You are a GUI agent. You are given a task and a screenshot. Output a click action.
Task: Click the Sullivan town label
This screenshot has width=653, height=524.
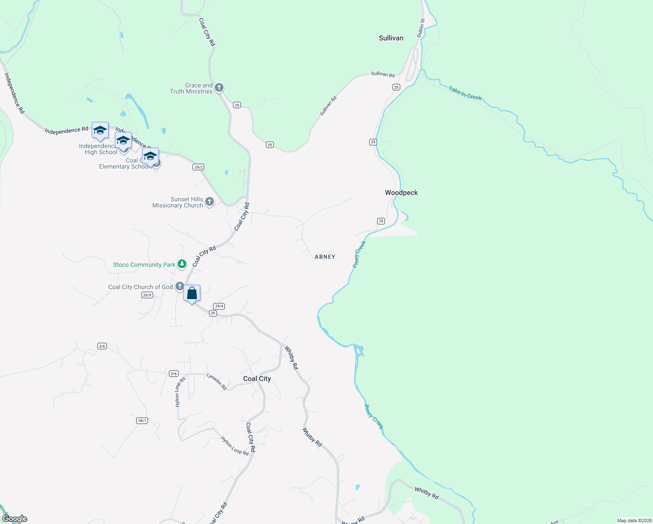click(x=391, y=38)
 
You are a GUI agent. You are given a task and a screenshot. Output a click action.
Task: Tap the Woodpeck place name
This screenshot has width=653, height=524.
click(x=401, y=193)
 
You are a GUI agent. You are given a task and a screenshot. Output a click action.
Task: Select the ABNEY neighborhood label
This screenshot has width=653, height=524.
click(x=325, y=257)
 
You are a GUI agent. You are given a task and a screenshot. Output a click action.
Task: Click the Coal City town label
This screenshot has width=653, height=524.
click(x=257, y=379)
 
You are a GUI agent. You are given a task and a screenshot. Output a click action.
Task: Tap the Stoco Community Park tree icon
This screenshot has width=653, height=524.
click(x=182, y=264)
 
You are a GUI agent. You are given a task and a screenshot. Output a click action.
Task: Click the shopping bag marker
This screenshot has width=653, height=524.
click(x=192, y=293)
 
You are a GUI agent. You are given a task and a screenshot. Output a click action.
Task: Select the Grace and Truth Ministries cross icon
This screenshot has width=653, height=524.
click(x=219, y=87)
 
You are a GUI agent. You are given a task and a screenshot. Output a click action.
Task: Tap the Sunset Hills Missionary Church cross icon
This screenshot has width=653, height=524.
click(x=210, y=201)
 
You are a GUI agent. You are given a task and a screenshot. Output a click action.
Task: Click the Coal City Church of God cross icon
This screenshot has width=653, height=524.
click(x=179, y=286)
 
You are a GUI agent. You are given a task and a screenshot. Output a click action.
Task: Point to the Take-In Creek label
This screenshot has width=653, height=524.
click(x=465, y=93)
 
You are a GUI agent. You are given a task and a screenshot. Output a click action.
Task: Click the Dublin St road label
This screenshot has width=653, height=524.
click(x=421, y=28)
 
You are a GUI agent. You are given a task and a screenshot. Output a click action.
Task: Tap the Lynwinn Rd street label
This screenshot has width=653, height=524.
click(x=217, y=381)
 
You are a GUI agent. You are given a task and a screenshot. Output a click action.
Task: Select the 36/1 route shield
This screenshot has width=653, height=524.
click(x=142, y=421)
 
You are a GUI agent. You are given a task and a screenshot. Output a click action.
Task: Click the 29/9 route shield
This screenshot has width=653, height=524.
click(x=147, y=295)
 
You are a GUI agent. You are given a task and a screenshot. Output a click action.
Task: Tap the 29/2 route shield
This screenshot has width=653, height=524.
click(x=199, y=167)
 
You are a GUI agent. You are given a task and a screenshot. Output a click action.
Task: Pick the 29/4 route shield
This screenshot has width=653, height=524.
click(x=219, y=306)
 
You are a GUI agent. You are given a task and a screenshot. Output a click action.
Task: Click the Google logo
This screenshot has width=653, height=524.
click(x=15, y=519)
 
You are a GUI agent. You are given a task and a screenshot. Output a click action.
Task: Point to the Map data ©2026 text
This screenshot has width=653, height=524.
click(x=634, y=521)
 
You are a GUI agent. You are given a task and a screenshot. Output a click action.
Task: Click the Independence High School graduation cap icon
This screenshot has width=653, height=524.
click(x=100, y=130)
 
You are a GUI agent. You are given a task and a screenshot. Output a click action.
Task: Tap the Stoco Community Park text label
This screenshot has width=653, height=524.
click(x=144, y=265)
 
